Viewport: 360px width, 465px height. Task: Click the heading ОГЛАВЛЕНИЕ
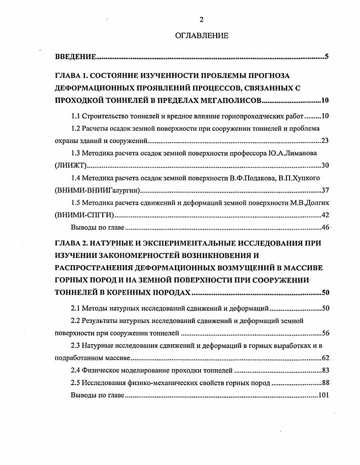[201, 35]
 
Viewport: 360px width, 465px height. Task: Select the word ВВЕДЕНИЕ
[75, 57]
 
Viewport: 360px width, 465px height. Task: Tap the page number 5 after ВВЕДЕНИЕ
[326, 57]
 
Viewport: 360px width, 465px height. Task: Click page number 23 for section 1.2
[325, 141]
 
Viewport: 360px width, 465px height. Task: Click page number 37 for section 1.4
[325, 190]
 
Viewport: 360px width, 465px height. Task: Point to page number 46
[325, 227]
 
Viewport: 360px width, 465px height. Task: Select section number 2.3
[76, 346]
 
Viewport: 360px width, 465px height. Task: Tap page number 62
[325, 358]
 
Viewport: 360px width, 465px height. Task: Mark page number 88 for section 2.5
[325, 382]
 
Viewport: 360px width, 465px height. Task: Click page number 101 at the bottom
[323, 395]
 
